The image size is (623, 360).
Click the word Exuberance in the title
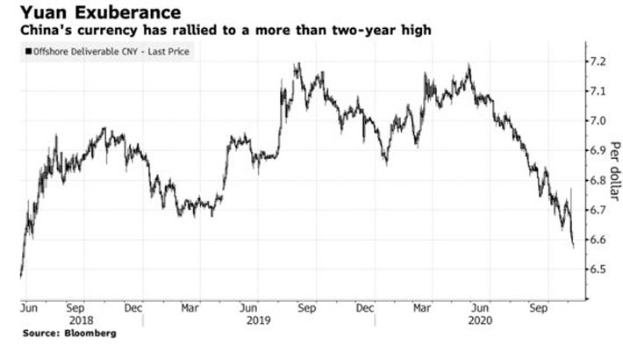tap(132, 13)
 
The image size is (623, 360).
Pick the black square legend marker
tap(30, 53)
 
